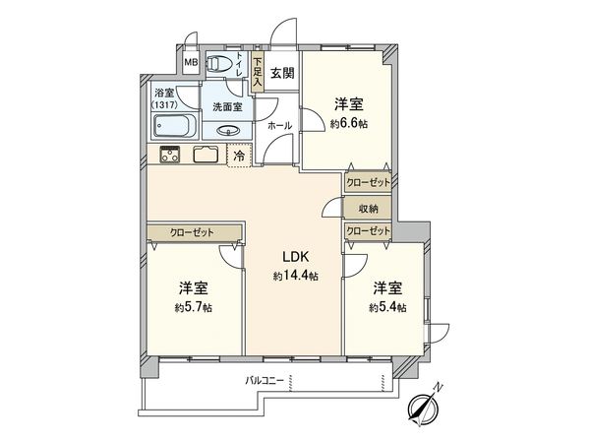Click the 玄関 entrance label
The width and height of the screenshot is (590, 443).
point(282,72)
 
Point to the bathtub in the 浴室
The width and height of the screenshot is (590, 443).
point(172,127)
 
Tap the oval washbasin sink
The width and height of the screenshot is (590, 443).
point(228,129)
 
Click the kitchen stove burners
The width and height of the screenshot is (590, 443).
point(167,154)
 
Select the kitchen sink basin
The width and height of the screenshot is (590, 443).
point(206,154)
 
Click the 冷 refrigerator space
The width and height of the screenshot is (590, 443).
point(239,155)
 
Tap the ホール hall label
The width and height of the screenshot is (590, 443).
point(279,126)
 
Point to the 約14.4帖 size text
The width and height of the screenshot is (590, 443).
point(295,277)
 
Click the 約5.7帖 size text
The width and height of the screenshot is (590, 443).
point(194,307)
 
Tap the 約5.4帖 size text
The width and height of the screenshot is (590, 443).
point(386,307)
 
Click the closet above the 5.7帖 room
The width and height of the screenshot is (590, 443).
point(194,232)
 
